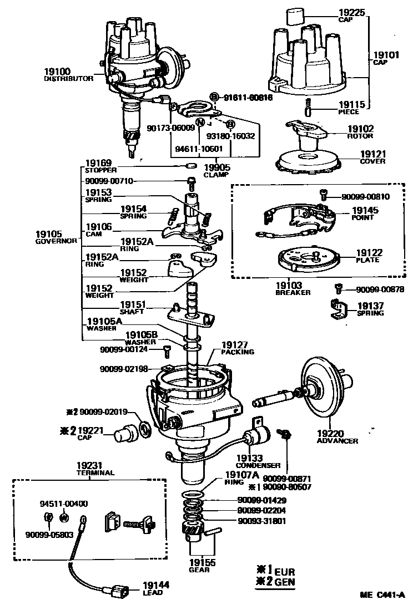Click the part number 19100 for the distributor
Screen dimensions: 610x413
coord(57,72)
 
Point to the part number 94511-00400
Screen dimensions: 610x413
coord(64,504)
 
